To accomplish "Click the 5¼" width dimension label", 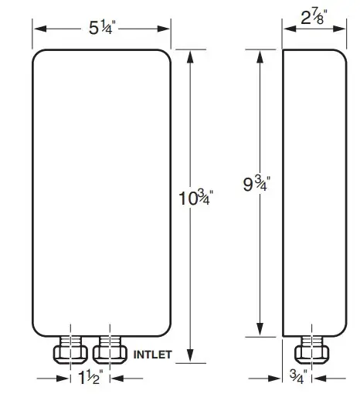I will pyautogui.click(x=100, y=29).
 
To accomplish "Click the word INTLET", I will pyautogui.click(x=155, y=356).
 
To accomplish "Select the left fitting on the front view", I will pyautogui.click(x=71, y=352).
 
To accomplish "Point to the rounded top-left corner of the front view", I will pyautogui.click(x=37, y=56).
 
